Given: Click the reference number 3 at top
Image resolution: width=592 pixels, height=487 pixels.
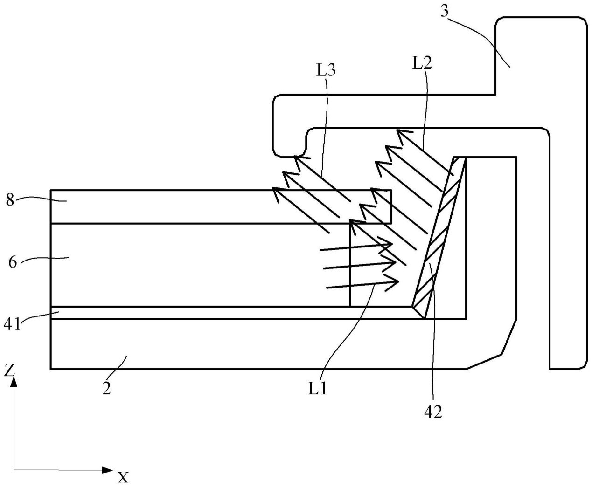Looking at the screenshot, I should (445, 11).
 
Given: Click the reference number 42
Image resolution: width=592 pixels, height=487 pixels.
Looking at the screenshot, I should (433, 412).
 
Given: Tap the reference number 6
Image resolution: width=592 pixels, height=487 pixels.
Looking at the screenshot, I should (13, 262).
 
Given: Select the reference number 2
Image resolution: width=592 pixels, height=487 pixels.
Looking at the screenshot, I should (106, 388).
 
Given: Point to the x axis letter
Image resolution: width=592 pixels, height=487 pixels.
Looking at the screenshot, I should (122, 476).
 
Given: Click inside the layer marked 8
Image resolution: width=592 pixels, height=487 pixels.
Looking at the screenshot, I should (187, 207).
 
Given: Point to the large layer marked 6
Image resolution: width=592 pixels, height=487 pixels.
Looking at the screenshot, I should (187, 265).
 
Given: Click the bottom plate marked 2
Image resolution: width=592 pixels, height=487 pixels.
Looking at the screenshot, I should (233, 345).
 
